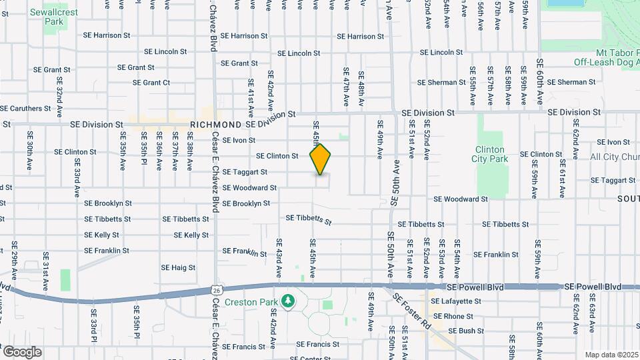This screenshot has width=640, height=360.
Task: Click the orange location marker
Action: [x=320, y=159]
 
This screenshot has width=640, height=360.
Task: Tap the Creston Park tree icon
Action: [x=288, y=302]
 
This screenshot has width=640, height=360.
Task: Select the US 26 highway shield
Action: [x=217, y=290]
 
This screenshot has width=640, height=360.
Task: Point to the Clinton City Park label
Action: [x=491, y=154]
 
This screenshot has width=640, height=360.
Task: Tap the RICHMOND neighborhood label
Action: [x=215, y=125]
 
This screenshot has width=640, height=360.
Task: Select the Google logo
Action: [x=22, y=351]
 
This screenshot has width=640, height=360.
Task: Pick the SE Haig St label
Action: [x=178, y=267]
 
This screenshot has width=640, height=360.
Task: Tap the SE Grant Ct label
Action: [x=151, y=83]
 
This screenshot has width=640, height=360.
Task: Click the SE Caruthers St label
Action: [x=25, y=108]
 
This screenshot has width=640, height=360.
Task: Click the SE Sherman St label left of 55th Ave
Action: [x=441, y=82]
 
